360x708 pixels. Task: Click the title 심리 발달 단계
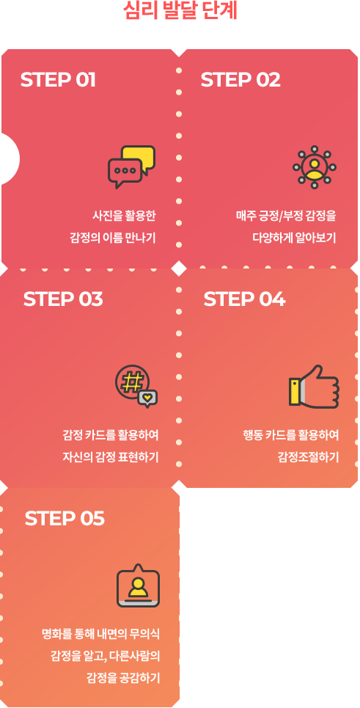point(180,11)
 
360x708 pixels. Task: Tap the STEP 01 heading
point(58,80)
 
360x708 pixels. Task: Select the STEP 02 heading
point(240,80)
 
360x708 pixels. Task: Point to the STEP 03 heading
point(63,299)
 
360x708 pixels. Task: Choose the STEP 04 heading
point(244,299)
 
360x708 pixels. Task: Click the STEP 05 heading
point(65,519)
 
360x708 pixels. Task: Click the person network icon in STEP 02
point(315,167)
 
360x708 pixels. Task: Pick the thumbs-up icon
point(314,387)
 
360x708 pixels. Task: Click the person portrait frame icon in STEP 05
point(138,585)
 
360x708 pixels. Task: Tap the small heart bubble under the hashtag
point(147,398)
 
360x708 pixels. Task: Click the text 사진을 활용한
point(124,216)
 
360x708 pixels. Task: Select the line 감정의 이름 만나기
point(113,238)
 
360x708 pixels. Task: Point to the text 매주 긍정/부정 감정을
point(286,216)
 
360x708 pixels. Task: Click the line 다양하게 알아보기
point(294,238)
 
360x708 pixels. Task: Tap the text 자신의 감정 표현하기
point(111,457)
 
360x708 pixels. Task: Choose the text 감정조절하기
point(308,457)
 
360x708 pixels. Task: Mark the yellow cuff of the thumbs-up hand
point(295,391)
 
